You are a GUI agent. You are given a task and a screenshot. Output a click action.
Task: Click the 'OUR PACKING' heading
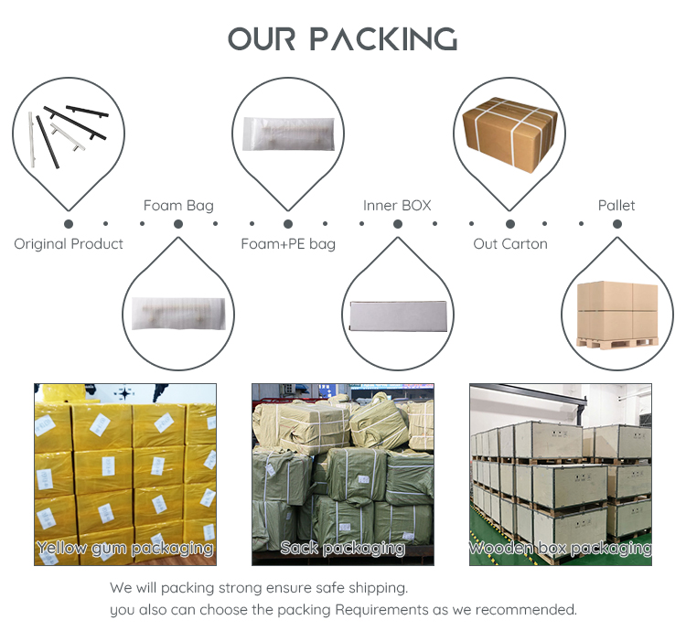[x=343, y=39]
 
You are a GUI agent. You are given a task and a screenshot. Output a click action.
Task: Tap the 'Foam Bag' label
[x=178, y=206]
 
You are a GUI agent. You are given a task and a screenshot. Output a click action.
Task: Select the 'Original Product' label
[x=69, y=244]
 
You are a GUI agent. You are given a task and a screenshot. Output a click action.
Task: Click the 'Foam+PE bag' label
[x=288, y=244]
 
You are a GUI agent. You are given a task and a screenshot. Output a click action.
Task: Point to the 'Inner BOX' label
[x=397, y=206]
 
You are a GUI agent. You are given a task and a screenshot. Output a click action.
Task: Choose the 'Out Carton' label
[x=510, y=244]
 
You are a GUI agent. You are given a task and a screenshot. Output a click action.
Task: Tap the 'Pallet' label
[x=616, y=205]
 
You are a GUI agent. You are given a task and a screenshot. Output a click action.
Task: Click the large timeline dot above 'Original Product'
[x=69, y=224]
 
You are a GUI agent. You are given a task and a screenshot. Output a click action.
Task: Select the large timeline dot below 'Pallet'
[x=617, y=224]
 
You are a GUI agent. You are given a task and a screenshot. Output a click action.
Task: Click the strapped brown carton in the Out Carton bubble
[x=509, y=134]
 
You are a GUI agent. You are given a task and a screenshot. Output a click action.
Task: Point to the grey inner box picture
[x=398, y=315]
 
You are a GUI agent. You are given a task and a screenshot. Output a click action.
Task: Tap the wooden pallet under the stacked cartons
[x=617, y=342]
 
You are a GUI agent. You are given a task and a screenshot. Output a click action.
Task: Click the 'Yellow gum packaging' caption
[x=125, y=548]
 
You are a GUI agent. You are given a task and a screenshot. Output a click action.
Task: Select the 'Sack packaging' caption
[x=343, y=548]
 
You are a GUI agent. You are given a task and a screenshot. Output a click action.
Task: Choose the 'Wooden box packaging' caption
[x=561, y=548]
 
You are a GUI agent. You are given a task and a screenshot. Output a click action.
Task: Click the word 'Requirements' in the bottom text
[x=381, y=610]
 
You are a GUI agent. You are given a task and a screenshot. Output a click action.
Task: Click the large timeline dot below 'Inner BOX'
[x=398, y=224]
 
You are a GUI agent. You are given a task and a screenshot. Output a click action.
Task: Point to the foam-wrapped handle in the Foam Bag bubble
[x=178, y=314]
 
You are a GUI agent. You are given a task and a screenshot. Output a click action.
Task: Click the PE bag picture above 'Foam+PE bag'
[x=288, y=134]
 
